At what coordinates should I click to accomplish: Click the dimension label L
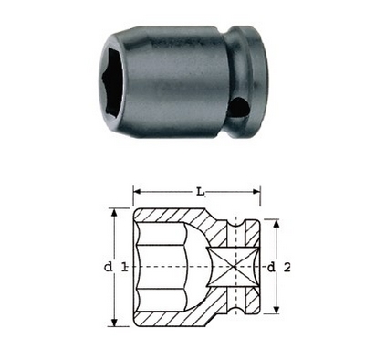(x=200, y=192)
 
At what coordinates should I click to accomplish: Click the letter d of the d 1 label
(x=108, y=267)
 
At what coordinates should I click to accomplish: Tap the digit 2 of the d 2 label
(x=287, y=267)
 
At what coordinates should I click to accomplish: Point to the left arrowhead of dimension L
(x=138, y=192)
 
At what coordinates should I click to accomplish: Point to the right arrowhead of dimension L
(x=256, y=192)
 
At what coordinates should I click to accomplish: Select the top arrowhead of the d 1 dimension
(x=114, y=213)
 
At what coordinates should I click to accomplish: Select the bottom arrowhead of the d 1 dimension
(x=114, y=323)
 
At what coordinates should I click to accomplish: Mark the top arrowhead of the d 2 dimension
(x=276, y=224)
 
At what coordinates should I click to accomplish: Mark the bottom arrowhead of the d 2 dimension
(x=276, y=310)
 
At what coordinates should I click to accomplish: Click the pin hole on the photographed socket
(x=240, y=107)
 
